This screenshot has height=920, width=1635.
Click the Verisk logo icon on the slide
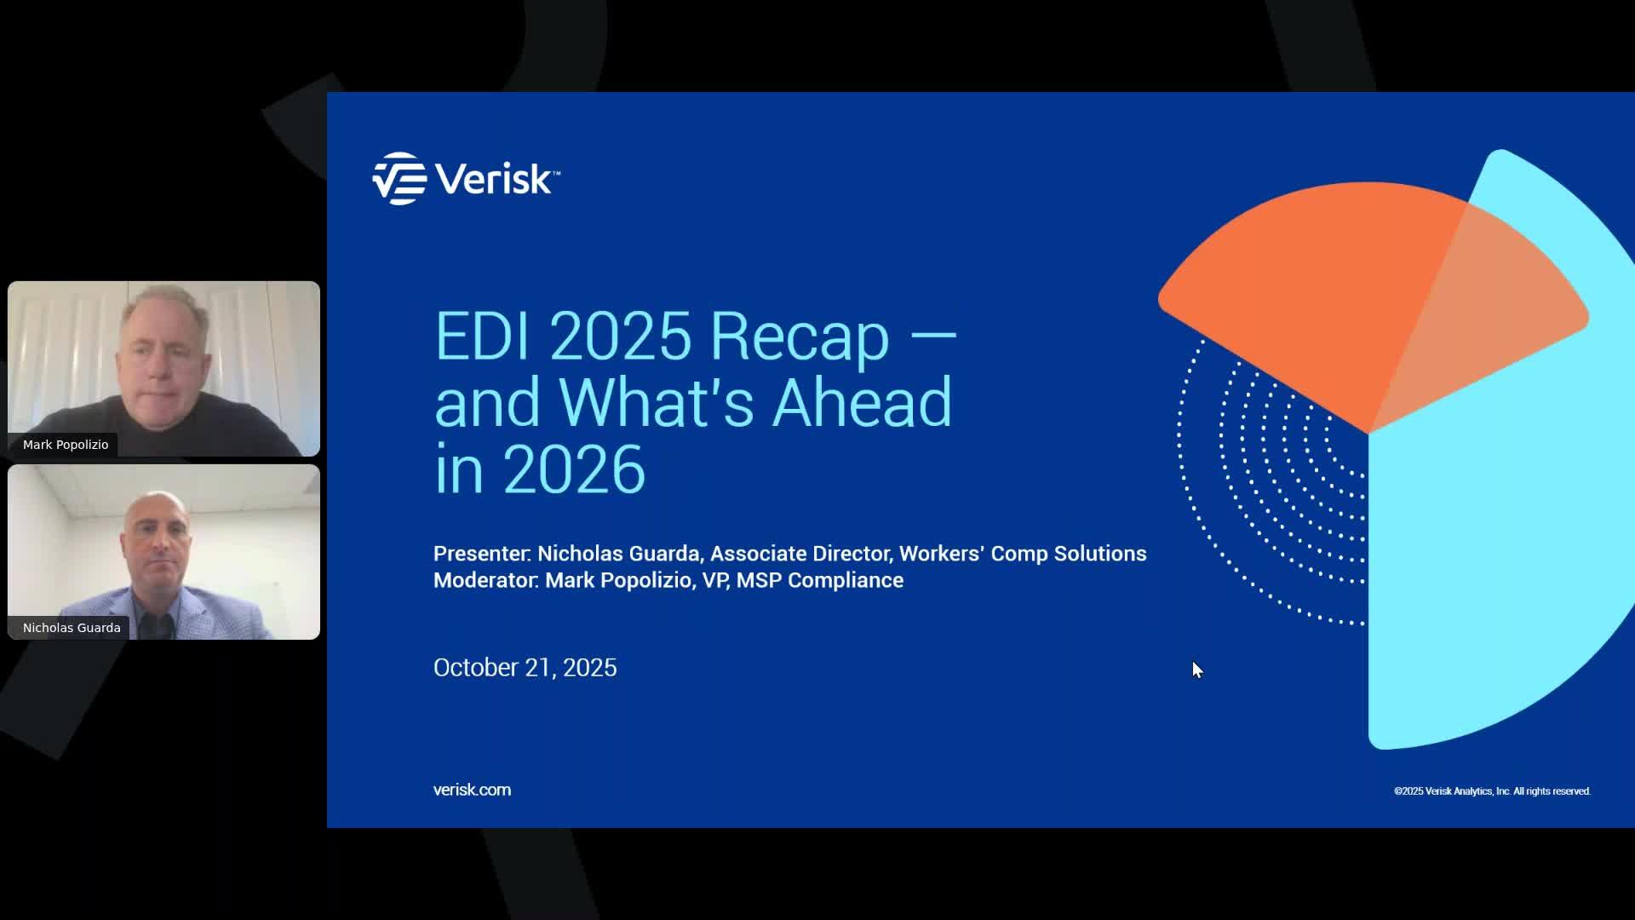coord(399,179)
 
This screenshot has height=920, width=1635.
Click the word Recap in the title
coord(800,336)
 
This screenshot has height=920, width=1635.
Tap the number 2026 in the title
coord(574,469)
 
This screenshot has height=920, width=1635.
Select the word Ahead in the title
coord(862,403)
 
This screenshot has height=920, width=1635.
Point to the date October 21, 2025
coord(525,667)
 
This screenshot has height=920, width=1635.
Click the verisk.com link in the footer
coord(472,790)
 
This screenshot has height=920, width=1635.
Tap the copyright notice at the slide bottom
coord(1492,791)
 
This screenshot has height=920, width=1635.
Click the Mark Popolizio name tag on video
coord(66,445)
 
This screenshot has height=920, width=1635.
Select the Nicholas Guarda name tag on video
coord(72,628)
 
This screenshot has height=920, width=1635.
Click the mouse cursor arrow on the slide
coord(1196,669)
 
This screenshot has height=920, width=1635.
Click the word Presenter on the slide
coord(481,554)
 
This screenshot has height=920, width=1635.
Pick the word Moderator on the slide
coord(485,580)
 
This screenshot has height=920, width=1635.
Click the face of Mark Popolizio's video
coord(163,358)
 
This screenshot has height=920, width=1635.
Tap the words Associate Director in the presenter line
coord(800,554)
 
